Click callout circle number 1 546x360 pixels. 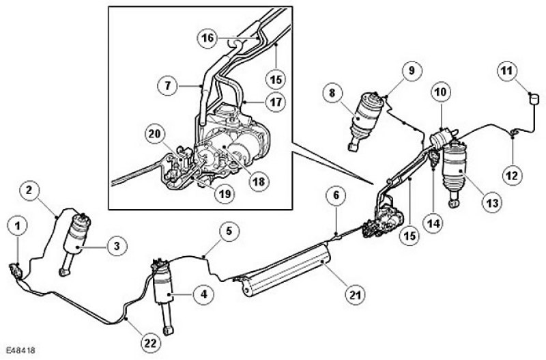(x=18, y=223)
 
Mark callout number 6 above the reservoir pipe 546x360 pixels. (x=336, y=195)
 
